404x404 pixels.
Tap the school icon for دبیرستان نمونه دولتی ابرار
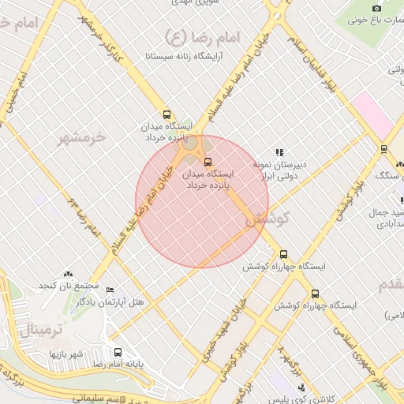coord(279,152)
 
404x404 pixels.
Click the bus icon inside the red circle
coord(208,163)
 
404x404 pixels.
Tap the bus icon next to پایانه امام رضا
coord(118,353)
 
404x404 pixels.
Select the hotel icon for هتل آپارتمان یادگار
coord(110,290)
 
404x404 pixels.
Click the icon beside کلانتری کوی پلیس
coord(301,387)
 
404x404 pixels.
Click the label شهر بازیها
coord(67,353)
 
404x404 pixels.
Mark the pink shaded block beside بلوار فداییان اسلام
coord(372,115)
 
